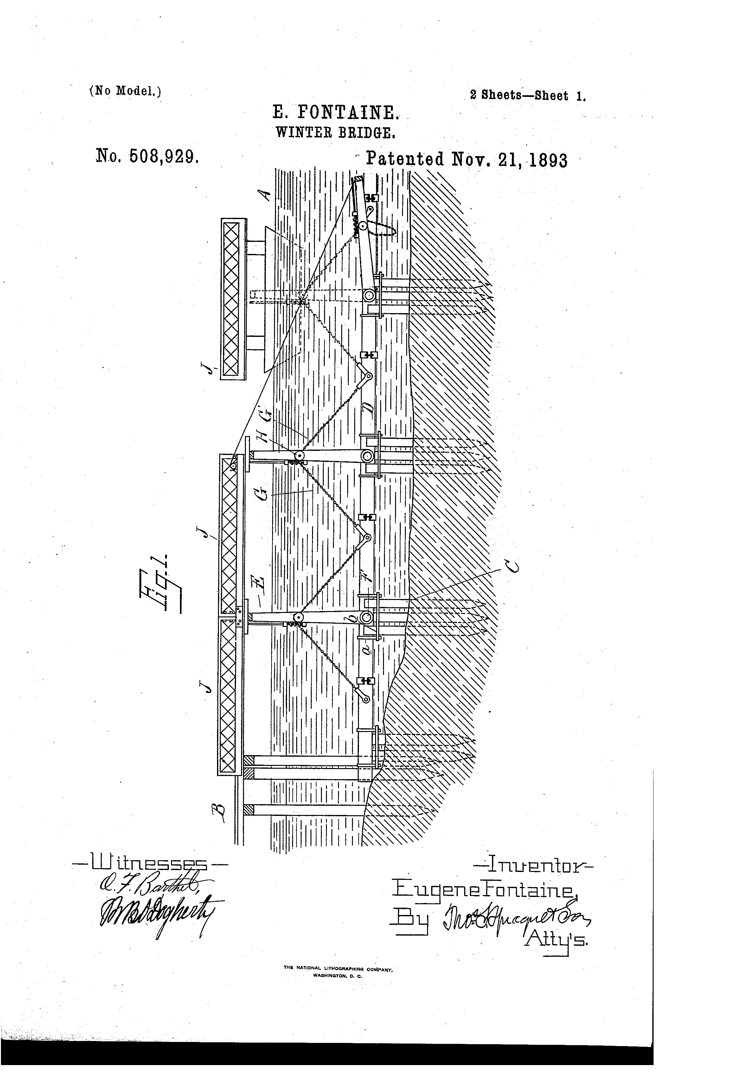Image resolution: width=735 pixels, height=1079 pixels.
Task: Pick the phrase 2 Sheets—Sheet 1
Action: tap(528, 96)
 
